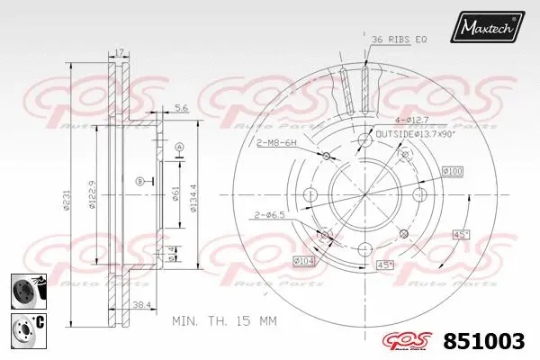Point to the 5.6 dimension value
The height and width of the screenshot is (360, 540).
[180, 109]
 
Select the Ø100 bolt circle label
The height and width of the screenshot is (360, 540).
[452, 171]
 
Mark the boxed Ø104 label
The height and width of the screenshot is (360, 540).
[305, 262]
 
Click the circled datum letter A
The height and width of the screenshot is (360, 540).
[179, 147]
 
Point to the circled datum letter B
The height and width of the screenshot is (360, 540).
[139, 182]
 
